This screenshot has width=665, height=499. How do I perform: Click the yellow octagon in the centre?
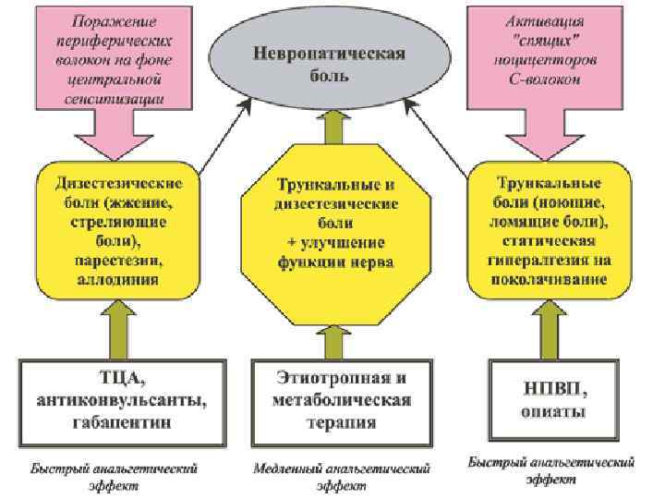tap(330, 236)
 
